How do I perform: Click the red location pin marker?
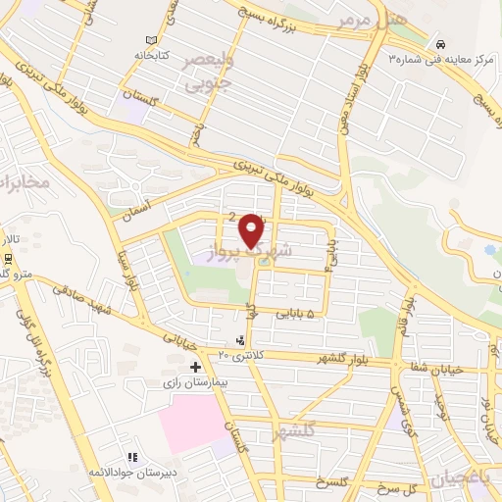click(253, 230)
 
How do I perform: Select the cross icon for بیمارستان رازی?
click(196, 367)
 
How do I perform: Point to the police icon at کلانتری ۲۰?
click(242, 339)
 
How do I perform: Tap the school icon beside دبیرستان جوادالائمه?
click(132, 457)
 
